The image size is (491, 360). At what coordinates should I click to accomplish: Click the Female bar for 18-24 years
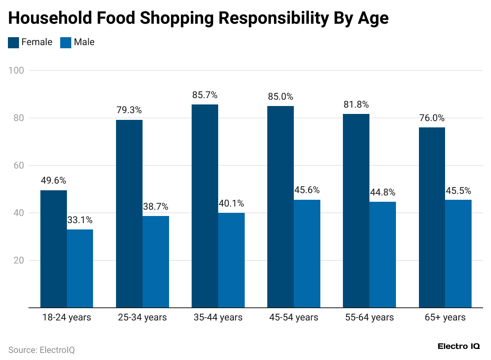coord(53,249)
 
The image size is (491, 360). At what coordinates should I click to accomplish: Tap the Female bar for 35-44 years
coord(205,206)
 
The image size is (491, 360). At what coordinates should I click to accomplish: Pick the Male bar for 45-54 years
coord(307,254)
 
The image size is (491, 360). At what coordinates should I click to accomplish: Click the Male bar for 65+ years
coord(458,254)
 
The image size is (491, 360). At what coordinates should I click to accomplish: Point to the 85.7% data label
coord(205,95)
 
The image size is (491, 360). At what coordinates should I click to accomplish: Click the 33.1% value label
coord(80,220)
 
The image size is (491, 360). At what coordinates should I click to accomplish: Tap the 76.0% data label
coord(432,118)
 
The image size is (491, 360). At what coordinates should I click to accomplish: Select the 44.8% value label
coord(383,193)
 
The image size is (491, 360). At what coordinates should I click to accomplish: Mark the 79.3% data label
coord(129,110)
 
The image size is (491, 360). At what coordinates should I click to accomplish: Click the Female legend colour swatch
coord(13,42)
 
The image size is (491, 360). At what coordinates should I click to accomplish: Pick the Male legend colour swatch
coord(66,42)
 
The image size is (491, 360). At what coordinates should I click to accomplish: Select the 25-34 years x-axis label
coord(142,317)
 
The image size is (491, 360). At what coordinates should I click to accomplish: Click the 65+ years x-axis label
coord(445,317)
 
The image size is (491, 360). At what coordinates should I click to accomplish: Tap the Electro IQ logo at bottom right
coord(459,346)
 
